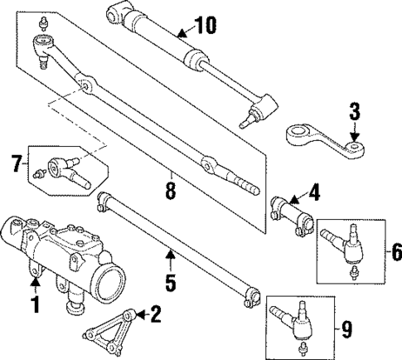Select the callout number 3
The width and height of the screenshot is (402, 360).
[x=354, y=109]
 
